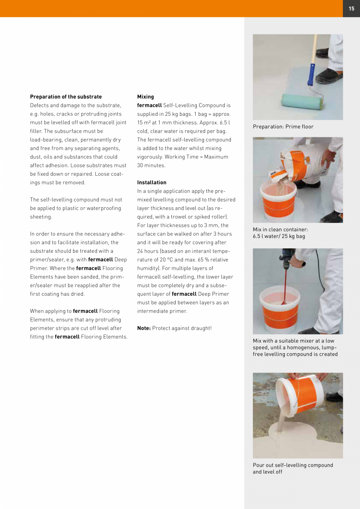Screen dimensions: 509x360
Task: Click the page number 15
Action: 351,9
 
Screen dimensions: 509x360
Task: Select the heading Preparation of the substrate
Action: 66,97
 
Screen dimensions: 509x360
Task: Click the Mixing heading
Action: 146,97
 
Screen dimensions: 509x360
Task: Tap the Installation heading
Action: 152,182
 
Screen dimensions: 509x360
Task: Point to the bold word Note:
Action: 144,328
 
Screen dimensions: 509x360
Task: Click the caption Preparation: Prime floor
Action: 283,127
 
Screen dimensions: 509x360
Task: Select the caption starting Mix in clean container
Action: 280,230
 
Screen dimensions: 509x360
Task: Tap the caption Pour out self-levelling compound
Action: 293,465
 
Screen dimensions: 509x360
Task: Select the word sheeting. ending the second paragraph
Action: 41,217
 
